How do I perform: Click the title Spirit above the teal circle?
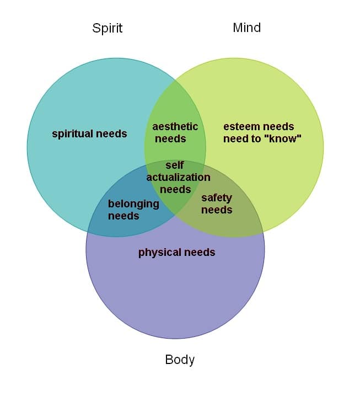coord(108,28)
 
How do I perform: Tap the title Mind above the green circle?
coord(246,28)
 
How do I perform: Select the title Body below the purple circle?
coord(180,360)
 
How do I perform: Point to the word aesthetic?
coord(175,127)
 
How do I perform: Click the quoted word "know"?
coord(283,139)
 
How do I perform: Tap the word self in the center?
coord(175,165)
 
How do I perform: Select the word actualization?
coord(178,177)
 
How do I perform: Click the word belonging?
coord(133,204)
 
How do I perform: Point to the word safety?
coord(217,197)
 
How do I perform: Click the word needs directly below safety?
coord(217,210)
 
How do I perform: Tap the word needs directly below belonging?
coord(123,216)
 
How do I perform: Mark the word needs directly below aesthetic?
coord(170,139)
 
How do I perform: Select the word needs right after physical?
coord(200,253)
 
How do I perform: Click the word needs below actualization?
coord(175,189)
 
